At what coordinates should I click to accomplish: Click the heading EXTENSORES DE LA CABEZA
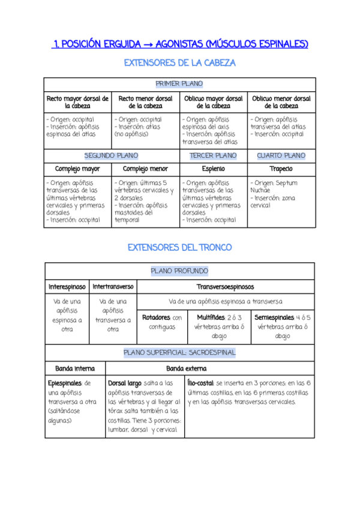(179, 63)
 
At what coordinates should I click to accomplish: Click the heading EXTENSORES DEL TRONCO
(179, 247)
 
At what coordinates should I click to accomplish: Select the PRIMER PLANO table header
(179, 84)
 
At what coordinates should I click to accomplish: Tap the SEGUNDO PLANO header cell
(111, 155)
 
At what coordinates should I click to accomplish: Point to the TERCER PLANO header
(213, 155)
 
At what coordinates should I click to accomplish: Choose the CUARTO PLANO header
(281, 155)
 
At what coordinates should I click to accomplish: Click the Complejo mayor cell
(77, 169)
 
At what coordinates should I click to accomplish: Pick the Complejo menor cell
(145, 169)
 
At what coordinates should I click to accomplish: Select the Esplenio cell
(213, 169)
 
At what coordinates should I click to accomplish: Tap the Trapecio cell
(281, 169)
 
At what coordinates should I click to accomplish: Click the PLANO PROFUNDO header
(179, 271)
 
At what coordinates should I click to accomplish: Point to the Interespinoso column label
(67, 287)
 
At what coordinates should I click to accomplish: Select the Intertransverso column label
(113, 287)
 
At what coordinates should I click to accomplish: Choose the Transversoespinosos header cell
(226, 287)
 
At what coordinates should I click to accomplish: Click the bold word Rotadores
(156, 317)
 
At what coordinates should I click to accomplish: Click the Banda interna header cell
(74, 368)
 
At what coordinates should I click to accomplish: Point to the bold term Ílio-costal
(200, 382)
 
